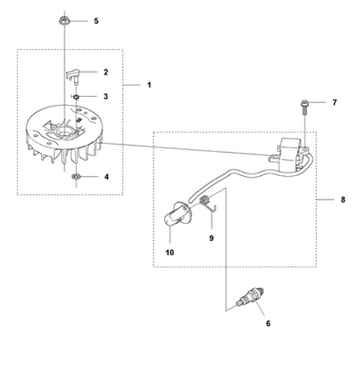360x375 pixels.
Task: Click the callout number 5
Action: [x=96, y=21]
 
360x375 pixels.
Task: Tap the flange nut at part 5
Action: [x=65, y=21]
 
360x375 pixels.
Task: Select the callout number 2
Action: [x=106, y=72]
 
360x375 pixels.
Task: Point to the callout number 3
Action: [x=106, y=96]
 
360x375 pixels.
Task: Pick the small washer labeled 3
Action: [x=76, y=97]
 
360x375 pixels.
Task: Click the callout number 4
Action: [x=107, y=177]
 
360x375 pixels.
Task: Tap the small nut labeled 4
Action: [x=76, y=176]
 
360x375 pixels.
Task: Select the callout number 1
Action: [x=149, y=85]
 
